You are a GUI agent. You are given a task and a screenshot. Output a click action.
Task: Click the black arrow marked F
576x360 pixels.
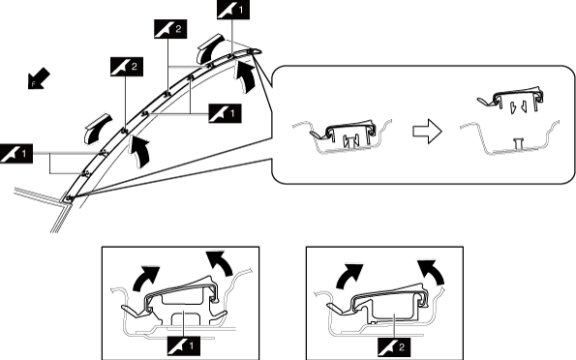[x=38, y=78]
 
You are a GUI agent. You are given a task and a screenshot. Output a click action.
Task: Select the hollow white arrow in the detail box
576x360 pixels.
[x=427, y=132]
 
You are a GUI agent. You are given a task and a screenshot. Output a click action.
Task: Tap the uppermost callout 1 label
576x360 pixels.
[x=233, y=10]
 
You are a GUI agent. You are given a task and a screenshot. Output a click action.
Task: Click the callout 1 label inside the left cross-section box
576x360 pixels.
[x=184, y=345]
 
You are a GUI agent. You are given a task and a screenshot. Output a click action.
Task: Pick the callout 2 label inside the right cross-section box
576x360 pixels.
[x=394, y=347]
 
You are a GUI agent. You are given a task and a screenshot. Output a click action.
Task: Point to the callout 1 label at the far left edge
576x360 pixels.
[x=16, y=154]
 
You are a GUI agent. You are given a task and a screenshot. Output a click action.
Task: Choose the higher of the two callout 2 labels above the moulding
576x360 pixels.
[x=170, y=29]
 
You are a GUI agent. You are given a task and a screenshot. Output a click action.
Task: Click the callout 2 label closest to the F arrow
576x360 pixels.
[x=127, y=67]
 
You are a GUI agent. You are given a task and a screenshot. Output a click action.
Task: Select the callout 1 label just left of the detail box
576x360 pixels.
[x=225, y=113]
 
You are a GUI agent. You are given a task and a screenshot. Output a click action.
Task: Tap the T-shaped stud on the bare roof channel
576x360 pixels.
[x=518, y=143]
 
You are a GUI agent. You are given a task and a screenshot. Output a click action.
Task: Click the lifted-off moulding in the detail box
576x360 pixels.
[x=510, y=100]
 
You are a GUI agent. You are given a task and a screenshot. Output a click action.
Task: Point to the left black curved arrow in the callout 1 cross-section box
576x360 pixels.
[x=145, y=278]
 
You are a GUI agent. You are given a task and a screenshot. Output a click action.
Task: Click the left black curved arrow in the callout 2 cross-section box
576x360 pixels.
[x=348, y=275]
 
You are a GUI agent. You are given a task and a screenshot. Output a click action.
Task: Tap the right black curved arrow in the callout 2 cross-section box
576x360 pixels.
[x=433, y=272]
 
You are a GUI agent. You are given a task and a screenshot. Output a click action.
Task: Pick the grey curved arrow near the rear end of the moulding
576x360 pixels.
[x=209, y=47]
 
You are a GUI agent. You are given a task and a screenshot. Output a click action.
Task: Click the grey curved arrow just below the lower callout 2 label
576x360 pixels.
[x=97, y=128]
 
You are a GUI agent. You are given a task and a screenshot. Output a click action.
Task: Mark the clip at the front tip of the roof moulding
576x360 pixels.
[x=70, y=198]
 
